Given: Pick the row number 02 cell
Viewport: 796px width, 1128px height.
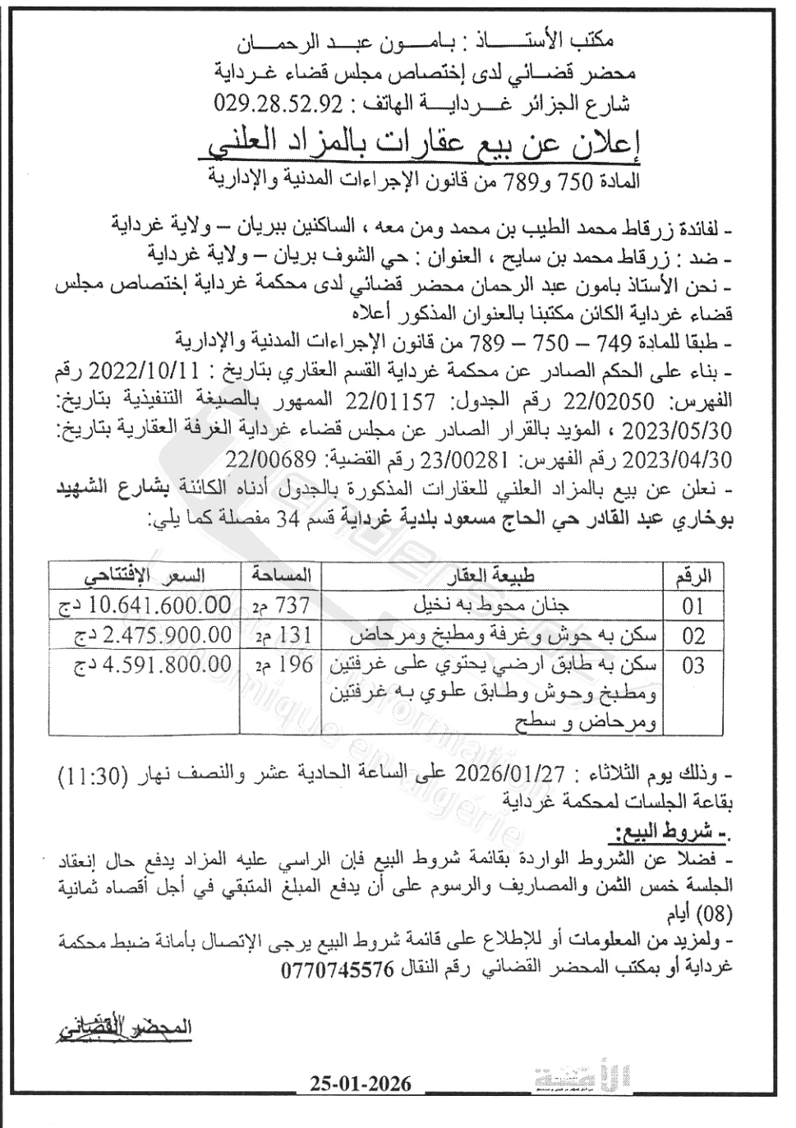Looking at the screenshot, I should (693, 635).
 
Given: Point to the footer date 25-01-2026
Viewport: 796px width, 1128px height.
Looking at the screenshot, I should (361, 1084).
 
